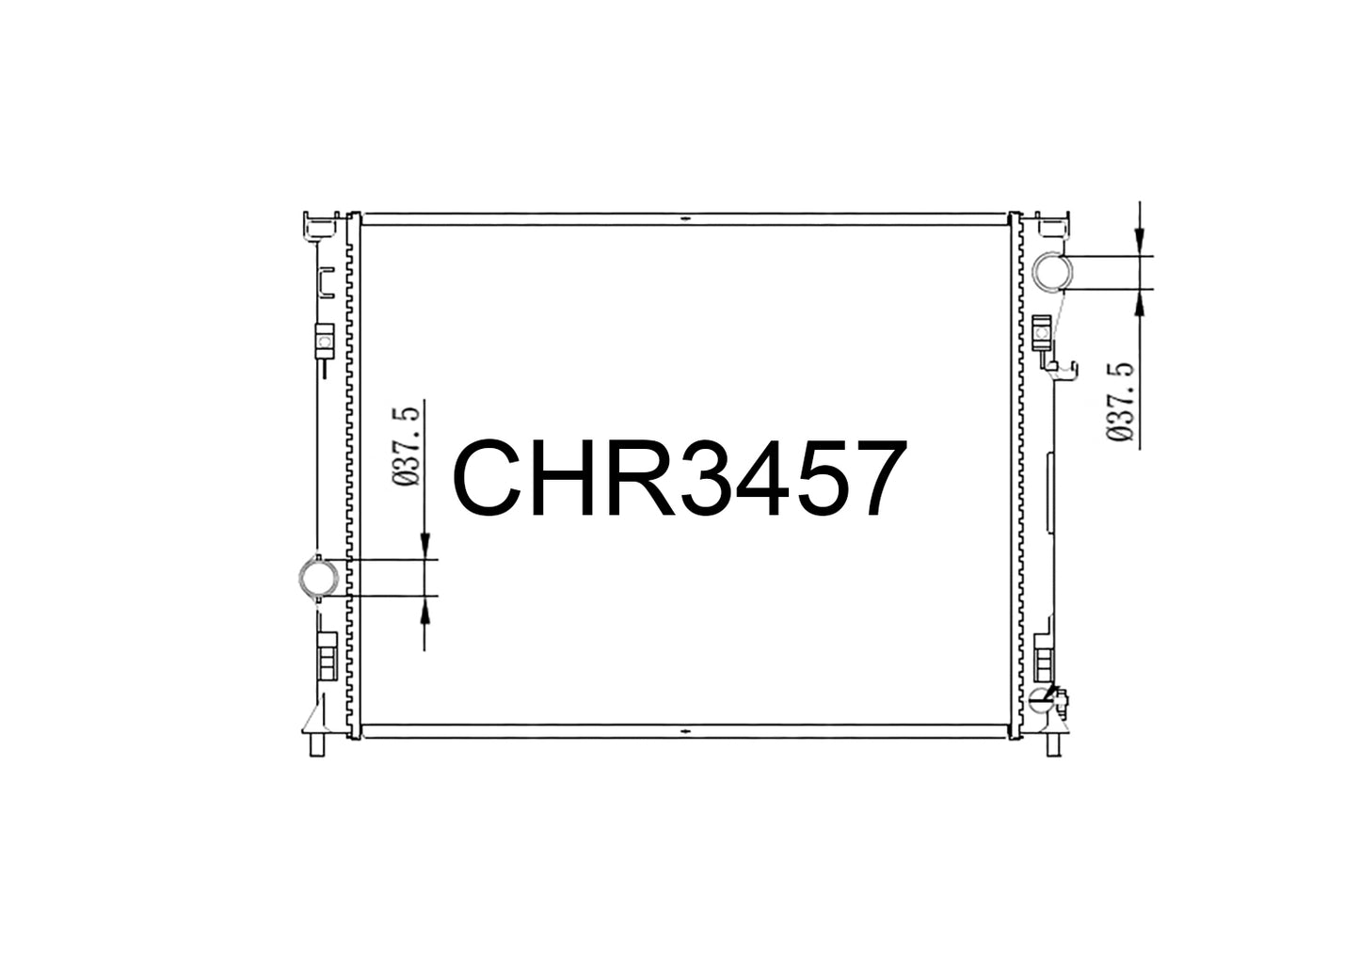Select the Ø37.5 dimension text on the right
1120,402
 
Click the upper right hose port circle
1053,273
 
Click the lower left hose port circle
318,577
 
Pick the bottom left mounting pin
317,744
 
